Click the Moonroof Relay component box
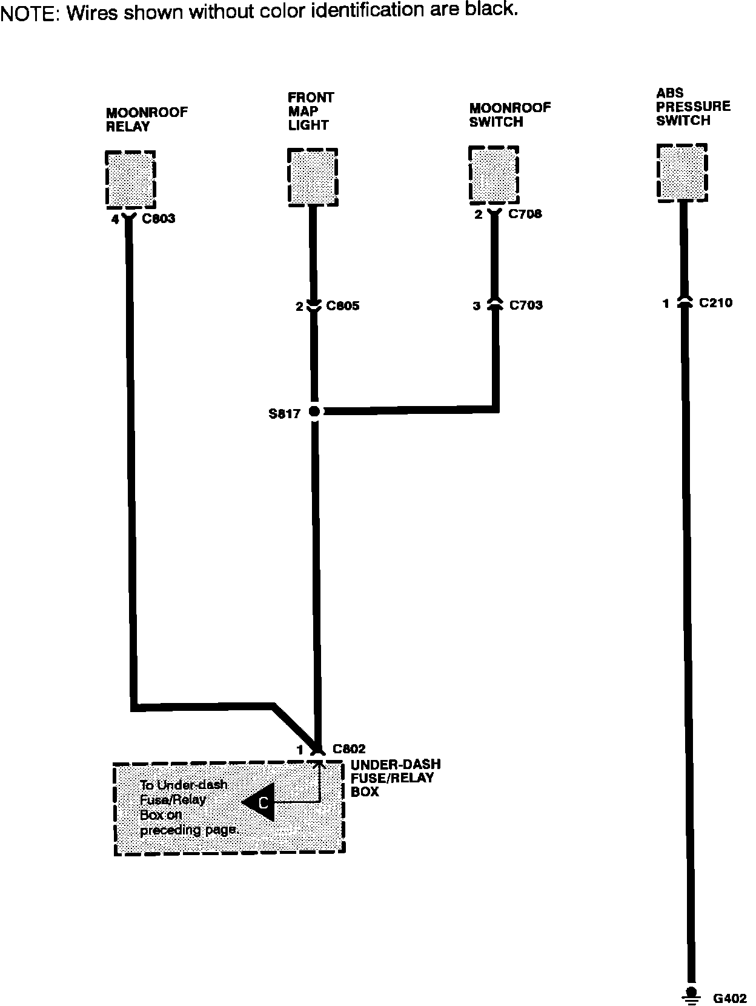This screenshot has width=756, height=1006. point(130,179)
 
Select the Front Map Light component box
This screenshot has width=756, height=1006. point(312,176)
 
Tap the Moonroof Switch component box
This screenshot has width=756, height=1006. point(494,175)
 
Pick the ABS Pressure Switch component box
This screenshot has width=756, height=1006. point(682,172)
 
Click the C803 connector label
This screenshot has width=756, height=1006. point(158,219)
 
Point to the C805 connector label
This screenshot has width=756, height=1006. point(342,306)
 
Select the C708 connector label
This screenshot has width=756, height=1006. point(525,214)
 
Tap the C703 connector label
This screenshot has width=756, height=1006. point(525,305)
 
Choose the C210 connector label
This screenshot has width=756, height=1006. point(715,303)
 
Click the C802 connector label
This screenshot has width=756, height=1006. point(349,750)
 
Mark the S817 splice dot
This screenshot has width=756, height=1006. point(314,411)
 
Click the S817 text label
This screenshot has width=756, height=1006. point(284,415)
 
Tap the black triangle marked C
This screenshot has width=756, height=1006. point(260,802)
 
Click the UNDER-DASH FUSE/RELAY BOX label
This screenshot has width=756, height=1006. point(395,778)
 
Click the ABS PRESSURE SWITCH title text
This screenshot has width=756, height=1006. point(692,107)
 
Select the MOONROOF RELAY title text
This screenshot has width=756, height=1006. point(147,119)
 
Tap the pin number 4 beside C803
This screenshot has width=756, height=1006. point(115,219)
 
